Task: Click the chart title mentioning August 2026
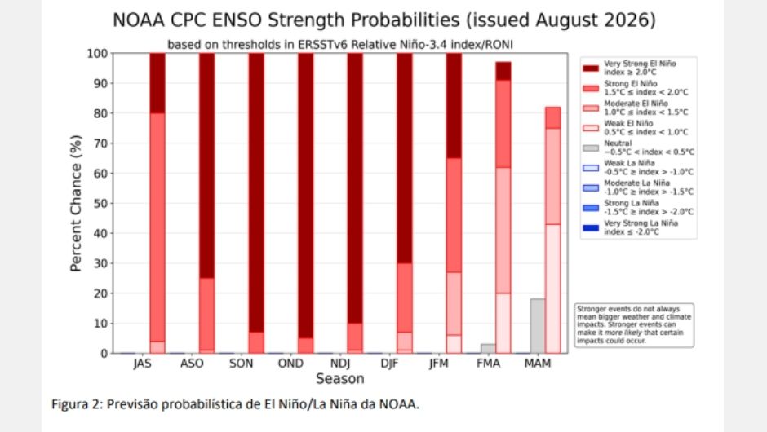(x=384, y=20)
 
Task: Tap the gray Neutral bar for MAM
(x=538, y=326)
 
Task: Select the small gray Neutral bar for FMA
(x=488, y=348)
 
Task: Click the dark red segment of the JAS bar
(x=157, y=83)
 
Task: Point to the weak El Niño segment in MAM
(x=552, y=289)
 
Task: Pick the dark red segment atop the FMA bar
(x=503, y=71)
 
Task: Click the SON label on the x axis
(x=242, y=364)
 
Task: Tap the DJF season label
(x=389, y=364)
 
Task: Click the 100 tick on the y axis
(x=97, y=53)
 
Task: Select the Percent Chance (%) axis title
(x=76, y=203)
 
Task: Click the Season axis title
(x=340, y=379)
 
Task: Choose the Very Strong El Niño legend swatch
(x=591, y=68)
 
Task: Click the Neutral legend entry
(x=638, y=148)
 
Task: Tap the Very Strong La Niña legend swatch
(x=591, y=227)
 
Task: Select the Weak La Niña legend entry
(x=638, y=168)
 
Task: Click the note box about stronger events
(x=634, y=325)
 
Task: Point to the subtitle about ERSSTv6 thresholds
(x=340, y=45)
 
